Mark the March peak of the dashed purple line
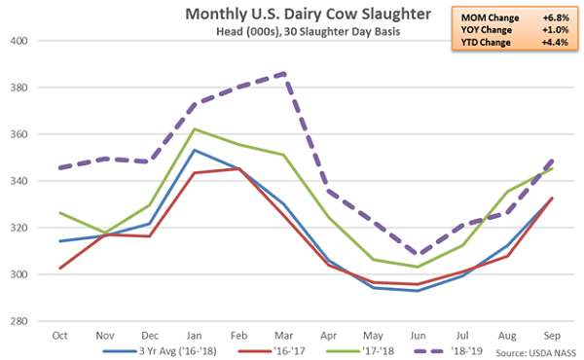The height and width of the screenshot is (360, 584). point(282,73)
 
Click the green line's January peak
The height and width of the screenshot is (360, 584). point(193,128)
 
